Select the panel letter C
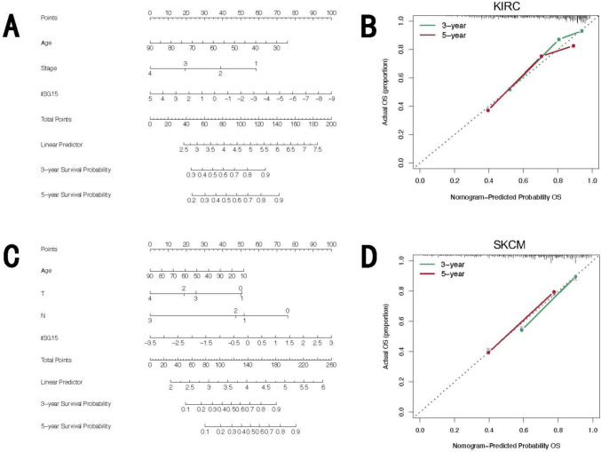click(x=13, y=258)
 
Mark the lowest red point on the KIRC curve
click(x=487, y=110)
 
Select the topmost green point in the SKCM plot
click(x=575, y=277)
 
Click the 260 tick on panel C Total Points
click(x=330, y=364)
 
